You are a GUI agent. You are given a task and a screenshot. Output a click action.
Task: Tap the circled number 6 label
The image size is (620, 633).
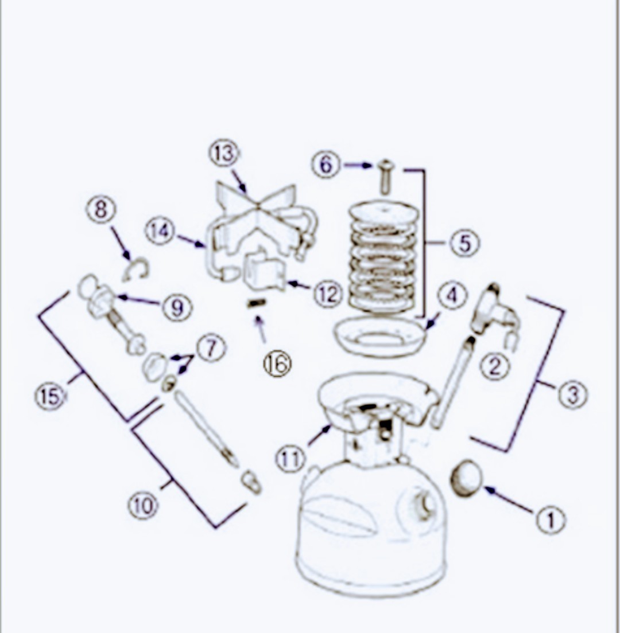click(x=326, y=165)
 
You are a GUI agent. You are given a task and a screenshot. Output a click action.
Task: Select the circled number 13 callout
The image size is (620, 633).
click(x=224, y=154)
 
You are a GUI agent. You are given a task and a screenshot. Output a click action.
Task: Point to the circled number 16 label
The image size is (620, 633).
click(x=277, y=364)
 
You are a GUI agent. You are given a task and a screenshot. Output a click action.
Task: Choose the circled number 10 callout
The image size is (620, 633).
click(x=143, y=506)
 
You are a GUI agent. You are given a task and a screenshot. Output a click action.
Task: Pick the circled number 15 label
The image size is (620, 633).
click(x=50, y=396)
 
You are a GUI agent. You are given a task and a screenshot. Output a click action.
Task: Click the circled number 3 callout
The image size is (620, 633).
click(x=573, y=394)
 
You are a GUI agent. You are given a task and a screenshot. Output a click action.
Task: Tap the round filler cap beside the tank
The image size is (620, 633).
click(x=466, y=478)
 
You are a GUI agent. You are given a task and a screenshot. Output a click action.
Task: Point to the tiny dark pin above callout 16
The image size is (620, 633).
click(x=256, y=303)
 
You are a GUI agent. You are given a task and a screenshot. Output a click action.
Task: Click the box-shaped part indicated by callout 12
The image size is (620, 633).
click(x=263, y=270)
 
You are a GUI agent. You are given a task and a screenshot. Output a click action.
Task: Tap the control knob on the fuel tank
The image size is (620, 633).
click(x=423, y=506)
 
